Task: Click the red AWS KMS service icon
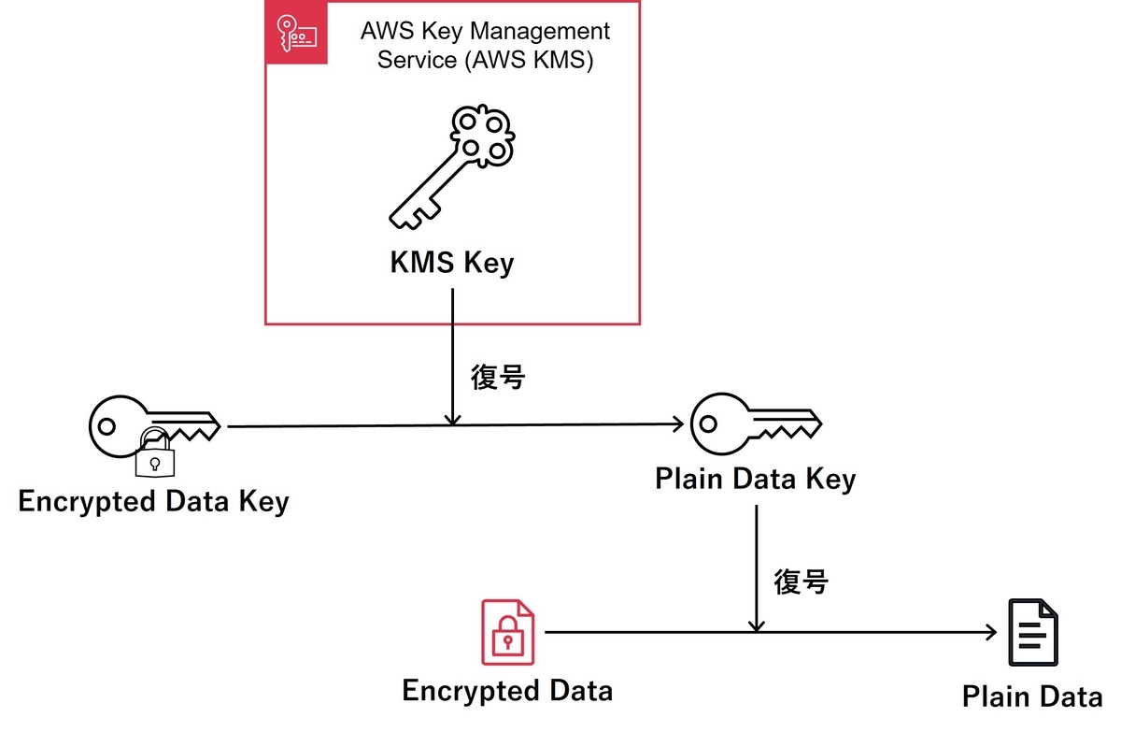[x=296, y=33]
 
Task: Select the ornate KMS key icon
[x=452, y=167]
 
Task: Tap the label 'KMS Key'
[x=452, y=263]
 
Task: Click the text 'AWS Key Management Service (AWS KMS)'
[x=485, y=45]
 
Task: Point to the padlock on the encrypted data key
[x=155, y=453]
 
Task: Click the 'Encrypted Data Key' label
[x=153, y=501]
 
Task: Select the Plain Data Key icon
[x=756, y=424]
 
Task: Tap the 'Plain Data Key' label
[x=756, y=479]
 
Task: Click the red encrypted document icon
[x=508, y=632]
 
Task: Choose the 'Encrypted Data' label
[x=507, y=691]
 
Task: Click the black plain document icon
[x=1033, y=632]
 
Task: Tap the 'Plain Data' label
[x=1032, y=696]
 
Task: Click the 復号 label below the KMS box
[x=498, y=378]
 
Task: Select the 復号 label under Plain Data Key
[x=802, y=581]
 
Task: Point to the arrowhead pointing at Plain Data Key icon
[x=678, y=424]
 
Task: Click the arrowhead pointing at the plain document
[x=991, y=632]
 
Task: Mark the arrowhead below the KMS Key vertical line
[x=452, y=420]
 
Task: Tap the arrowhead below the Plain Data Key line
[x=756, y=625]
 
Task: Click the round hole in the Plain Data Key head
[x=708, y=424]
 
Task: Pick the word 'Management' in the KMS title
[x=541, y=31]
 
